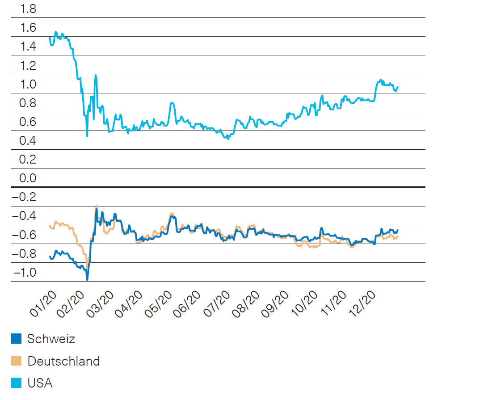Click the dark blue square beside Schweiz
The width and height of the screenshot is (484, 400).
[x=16, y=339]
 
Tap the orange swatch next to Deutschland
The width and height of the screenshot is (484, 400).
[x=16, y=361]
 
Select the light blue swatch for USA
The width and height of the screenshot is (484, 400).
[x=16, y=383]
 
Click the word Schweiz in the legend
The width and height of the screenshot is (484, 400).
[x=51, y=339]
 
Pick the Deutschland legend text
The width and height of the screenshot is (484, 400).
[x=63, y=361]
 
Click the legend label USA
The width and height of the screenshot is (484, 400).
[x=40, y=383]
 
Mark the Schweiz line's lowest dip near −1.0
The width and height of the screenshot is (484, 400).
[x=87, y=279]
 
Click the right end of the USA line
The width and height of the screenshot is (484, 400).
[x=397, y=87]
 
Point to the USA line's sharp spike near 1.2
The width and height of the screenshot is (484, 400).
[x=96, y=76]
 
